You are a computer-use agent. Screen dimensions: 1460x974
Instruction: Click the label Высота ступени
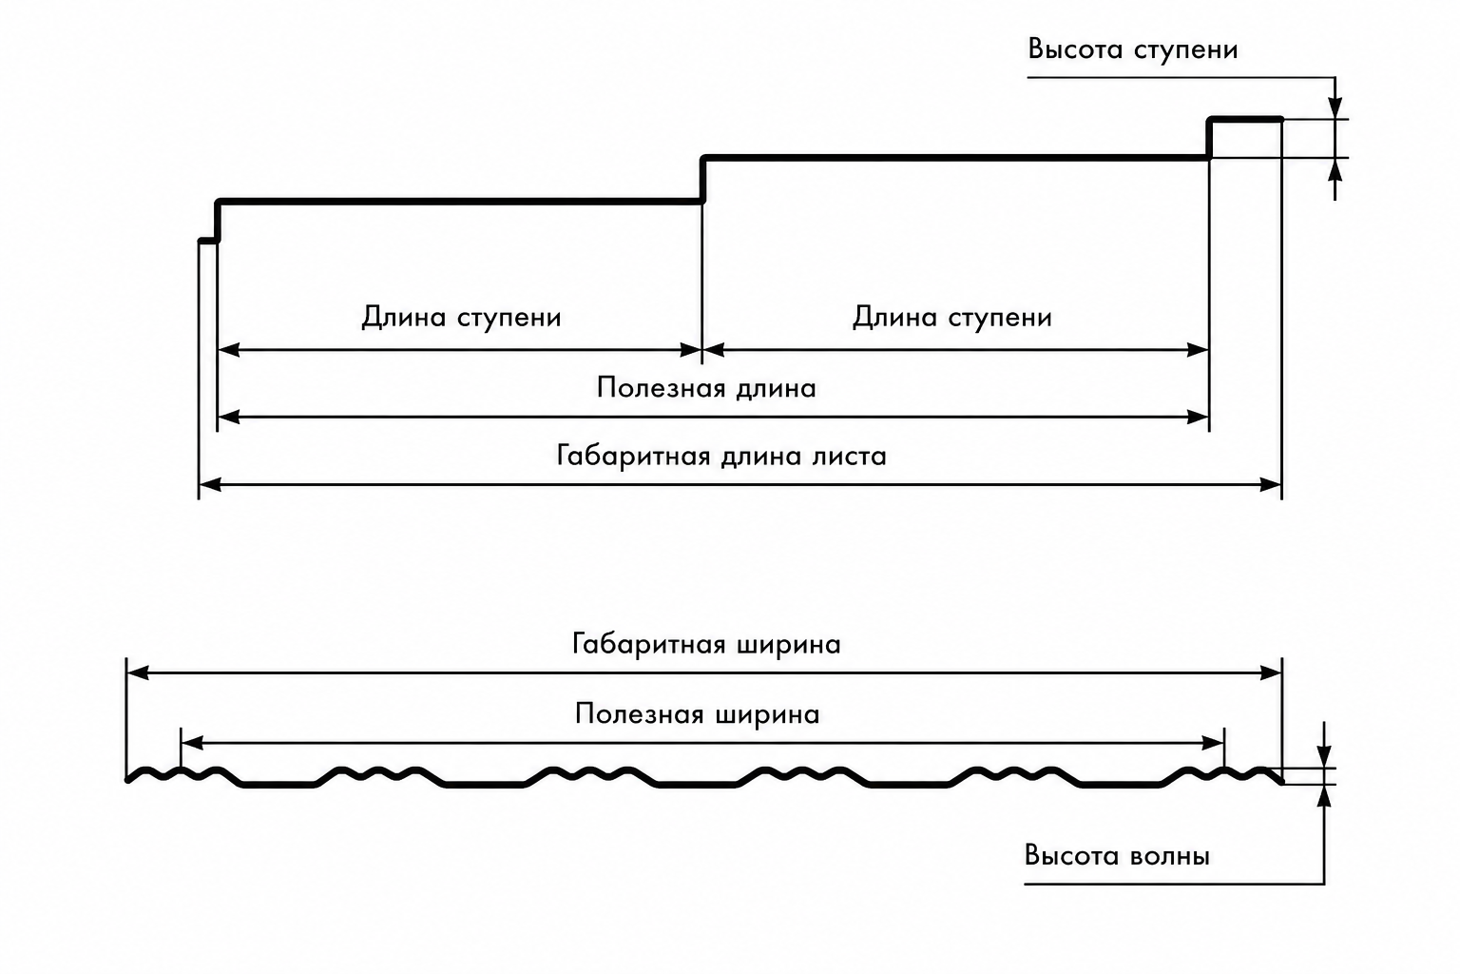click(1133, 49)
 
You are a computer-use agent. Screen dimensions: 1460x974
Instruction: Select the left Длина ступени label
click(461, 318)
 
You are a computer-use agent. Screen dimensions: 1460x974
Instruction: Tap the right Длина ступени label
click(952, 318)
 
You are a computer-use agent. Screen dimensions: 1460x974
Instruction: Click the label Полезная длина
click(706, 388)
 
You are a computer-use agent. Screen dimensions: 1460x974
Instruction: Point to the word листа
click(849, 456)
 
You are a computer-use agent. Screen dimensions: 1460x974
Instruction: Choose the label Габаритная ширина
click(706, 645)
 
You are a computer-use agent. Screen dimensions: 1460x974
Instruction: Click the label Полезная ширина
click(698, 714)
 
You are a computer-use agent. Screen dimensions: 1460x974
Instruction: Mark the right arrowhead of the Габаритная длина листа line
click(1271, 485)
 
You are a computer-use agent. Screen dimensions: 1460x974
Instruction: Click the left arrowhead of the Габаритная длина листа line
click(210, 485)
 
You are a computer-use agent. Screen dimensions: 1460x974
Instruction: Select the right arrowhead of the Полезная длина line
click(1198, 417)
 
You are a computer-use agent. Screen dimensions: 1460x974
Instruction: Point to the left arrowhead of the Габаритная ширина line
click(138, 672)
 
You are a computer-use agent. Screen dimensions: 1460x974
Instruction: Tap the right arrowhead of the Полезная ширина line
click(1212, 743)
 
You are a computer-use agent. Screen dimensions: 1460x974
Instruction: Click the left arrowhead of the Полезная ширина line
click(192, 743)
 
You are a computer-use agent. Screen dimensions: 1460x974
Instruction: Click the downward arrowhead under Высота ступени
click(1335, 107)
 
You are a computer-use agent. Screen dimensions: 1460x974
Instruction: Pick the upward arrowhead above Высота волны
click(1324, 796)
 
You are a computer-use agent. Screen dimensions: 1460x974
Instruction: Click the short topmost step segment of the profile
click(1245, 120)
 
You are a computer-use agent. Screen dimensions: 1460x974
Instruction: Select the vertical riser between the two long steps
click(702, 180)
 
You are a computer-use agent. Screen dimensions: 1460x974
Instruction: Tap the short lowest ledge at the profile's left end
click(208, 241)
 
